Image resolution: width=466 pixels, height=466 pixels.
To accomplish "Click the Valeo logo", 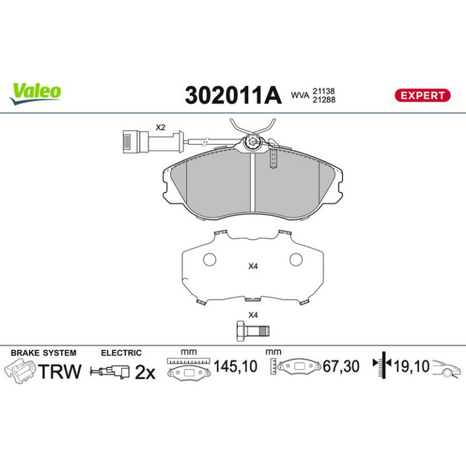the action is (x=35, y=93).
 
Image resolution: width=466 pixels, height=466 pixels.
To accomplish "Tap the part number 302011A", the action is (x=233, y=96).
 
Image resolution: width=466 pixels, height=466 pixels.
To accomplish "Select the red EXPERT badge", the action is (x=422, y=96).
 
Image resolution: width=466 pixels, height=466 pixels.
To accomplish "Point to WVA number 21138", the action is (x=323, y=91).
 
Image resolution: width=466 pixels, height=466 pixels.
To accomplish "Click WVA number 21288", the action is (x=324, y=100).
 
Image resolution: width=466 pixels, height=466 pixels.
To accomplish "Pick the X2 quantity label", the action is (x=160, y=128).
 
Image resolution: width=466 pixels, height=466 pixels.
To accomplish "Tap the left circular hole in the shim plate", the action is (x=209, y=260).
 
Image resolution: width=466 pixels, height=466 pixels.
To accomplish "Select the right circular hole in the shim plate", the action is (x=296, y=260).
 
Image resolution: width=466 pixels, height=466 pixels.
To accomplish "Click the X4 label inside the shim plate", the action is (x=253, y=266).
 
